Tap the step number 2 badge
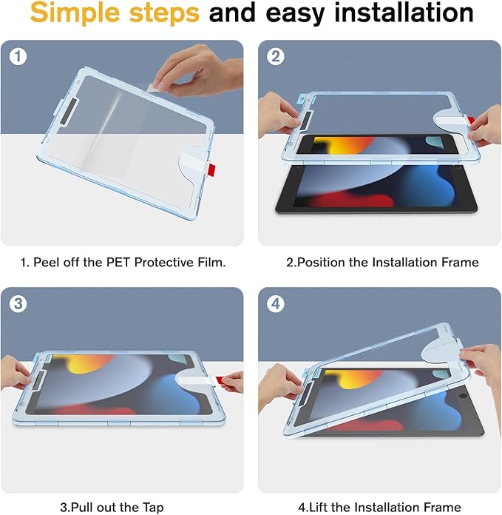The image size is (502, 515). (275, 57)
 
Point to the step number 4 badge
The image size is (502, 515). (275, 304)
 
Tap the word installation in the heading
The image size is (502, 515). (396, 13)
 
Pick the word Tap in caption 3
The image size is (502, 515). (170, 507)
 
